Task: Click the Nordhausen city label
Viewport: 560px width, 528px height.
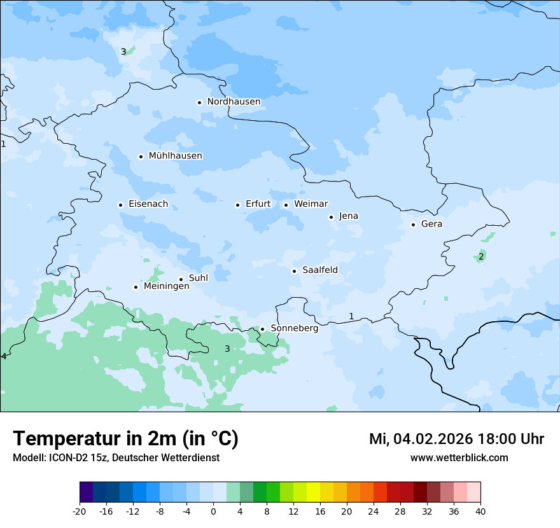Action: point(234,102)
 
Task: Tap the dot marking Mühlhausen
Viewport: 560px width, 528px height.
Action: point(141,156)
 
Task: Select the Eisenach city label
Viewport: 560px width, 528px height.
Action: point(148,204)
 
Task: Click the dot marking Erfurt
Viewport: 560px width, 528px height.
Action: point(237,205)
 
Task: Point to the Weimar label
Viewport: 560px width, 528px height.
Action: point(311,204)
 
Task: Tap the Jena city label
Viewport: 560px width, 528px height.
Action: point(348,216)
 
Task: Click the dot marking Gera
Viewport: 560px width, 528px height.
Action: point(413,225)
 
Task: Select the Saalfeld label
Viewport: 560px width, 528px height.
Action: point(319,270)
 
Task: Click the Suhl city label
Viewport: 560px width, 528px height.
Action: point(199,279)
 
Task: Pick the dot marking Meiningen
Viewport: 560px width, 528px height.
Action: point(136,288)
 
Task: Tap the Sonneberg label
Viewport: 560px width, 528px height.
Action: point(294,329)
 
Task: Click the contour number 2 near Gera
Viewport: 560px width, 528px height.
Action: point(481,256)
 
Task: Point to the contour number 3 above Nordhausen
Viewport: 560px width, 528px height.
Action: point(123,52)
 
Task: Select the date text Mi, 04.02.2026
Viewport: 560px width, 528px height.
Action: point(420,439)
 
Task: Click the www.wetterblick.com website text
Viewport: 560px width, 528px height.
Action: point(459,458)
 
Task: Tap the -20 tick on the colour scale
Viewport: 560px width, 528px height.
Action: point(80,511)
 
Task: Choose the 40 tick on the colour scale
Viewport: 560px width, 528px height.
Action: point(480,511)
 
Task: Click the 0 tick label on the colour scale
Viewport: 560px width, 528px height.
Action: point(213,511)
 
